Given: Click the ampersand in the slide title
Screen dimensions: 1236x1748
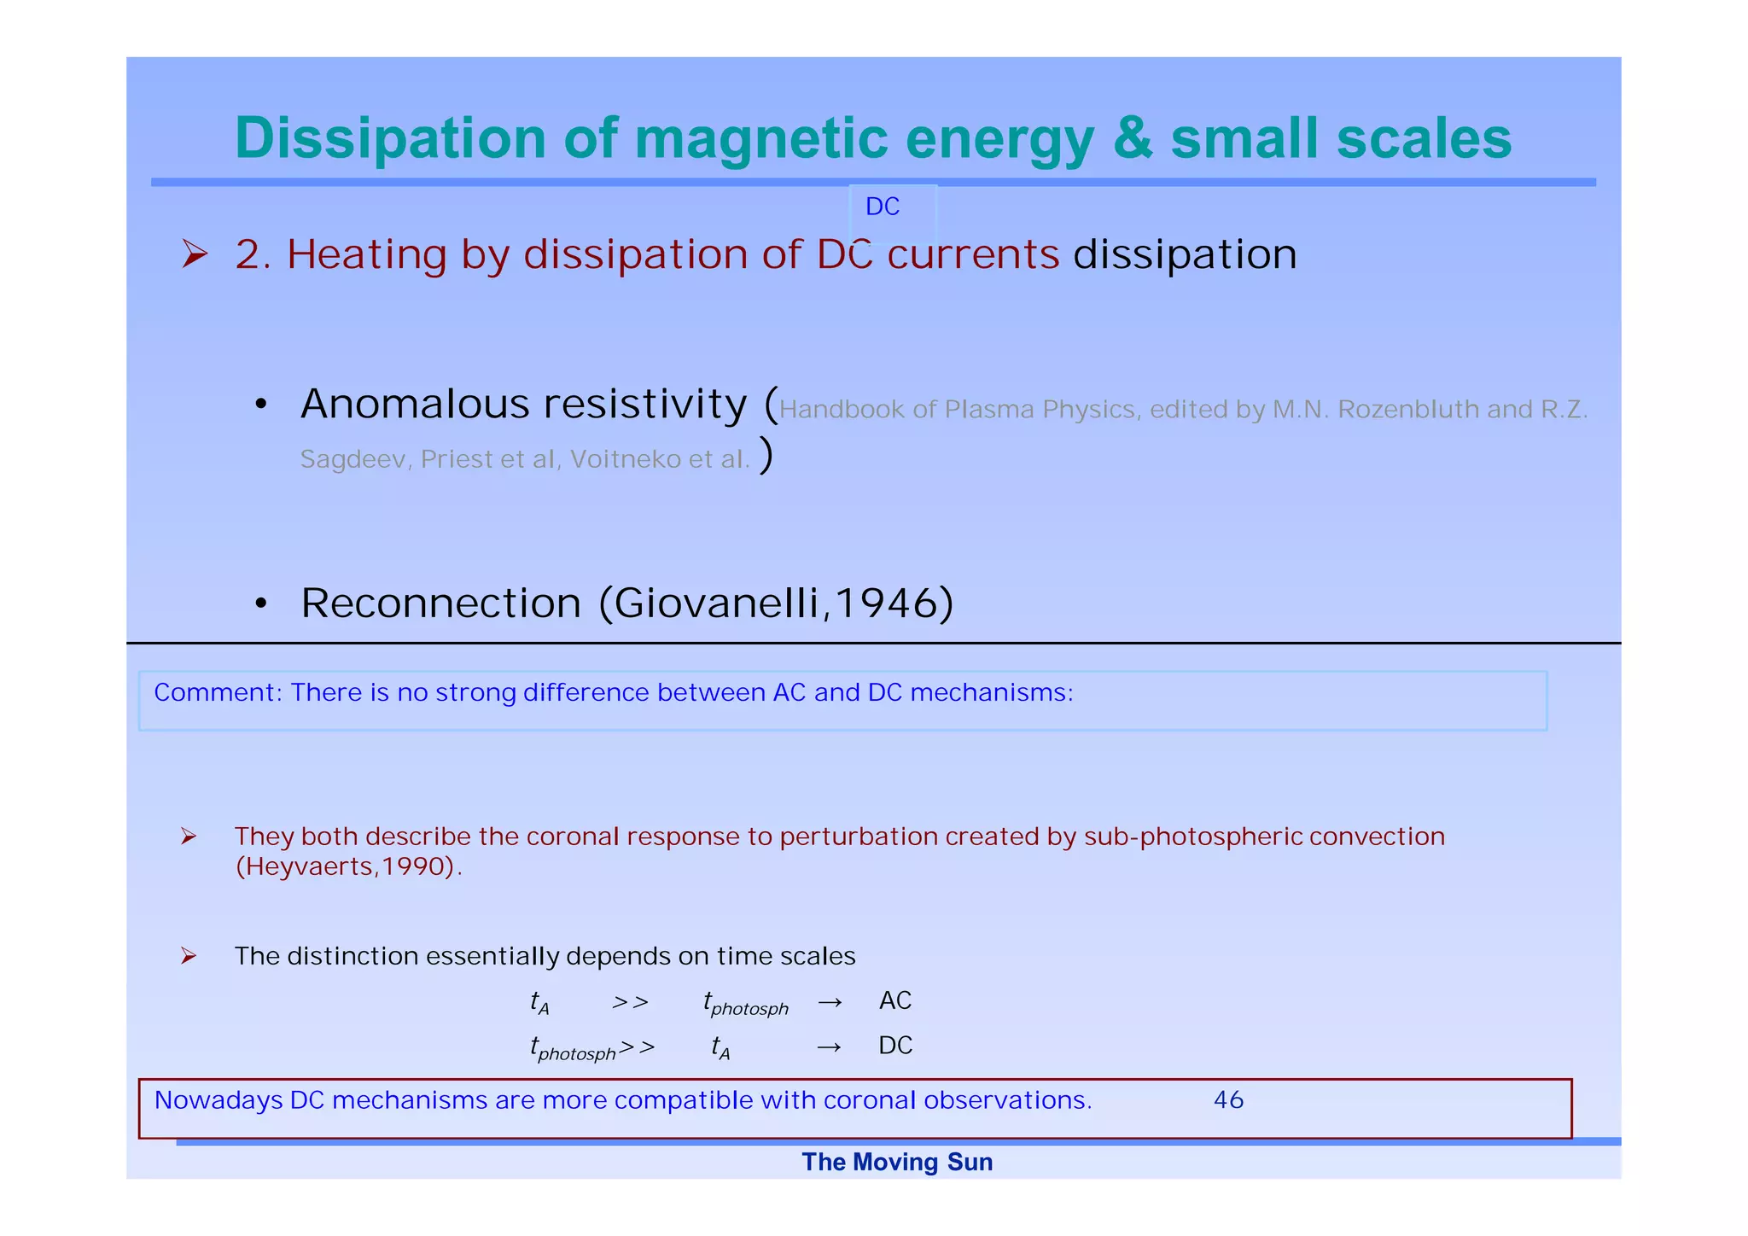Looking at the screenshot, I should tap(1133, 139).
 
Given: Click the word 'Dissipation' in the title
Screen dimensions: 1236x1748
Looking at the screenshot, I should tap(390, 139).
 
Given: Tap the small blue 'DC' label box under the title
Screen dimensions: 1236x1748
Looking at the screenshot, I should tap(883, 207).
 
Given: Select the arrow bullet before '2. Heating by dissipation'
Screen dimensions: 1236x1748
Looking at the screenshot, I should tap(195, 254).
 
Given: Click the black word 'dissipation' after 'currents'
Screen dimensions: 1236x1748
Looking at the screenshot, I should tap(1185, 255).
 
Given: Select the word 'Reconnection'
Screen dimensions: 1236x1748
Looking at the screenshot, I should tap(440, 603).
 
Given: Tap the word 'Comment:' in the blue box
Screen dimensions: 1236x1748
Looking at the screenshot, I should tap(218, 692).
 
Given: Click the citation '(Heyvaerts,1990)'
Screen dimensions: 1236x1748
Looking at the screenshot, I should tap(347, 867).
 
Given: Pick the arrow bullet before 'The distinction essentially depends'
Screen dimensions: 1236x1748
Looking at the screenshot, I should tap(189, 957).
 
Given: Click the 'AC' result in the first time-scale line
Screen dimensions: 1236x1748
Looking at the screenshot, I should tap(895, 1001).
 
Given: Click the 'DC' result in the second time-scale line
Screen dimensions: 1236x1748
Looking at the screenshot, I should tap(895, 1047).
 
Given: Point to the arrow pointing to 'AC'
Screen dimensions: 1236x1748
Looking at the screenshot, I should tap(830, 1003).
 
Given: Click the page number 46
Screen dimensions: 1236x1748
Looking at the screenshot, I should tap(1228, 1100).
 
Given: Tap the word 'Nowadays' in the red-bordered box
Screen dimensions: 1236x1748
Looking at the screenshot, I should tap(218, 1101).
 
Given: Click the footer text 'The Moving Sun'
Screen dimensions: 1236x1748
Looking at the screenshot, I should tap(897, 1163).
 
